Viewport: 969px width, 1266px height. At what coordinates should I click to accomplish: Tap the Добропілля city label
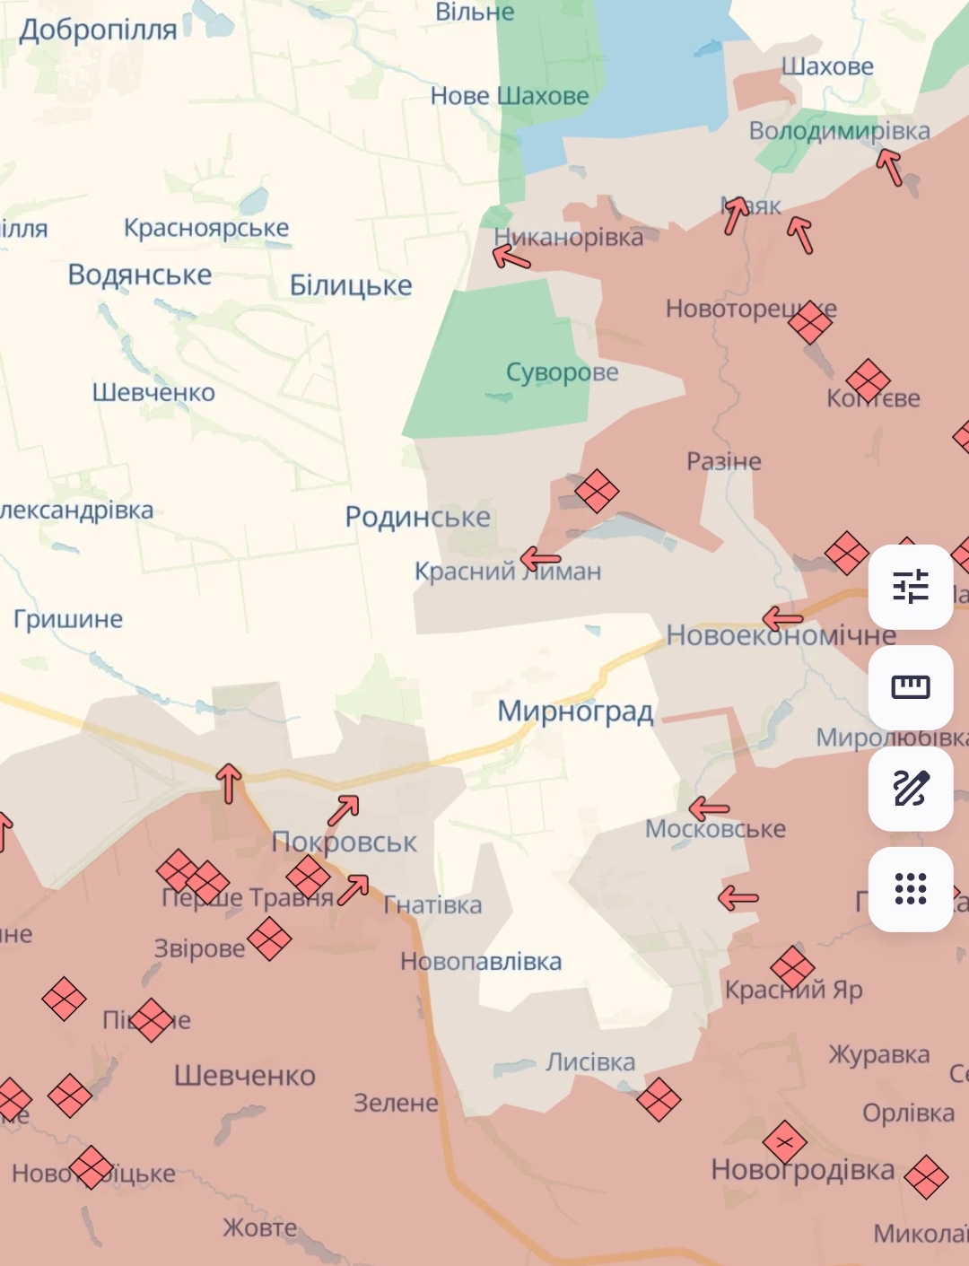tap(99, 30)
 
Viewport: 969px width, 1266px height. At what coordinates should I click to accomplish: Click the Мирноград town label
tap(575, 712)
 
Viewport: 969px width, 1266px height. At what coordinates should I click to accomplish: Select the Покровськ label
tap(345, 843)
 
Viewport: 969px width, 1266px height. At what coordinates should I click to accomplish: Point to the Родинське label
tap(418, 517)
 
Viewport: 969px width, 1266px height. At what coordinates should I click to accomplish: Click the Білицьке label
tap(351, 285)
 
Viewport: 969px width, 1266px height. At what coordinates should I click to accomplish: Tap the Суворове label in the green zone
tap(563, 371)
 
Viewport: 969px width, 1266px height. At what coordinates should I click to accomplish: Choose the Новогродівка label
tap(803, 1170)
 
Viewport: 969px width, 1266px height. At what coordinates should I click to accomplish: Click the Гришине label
tap(68, 619)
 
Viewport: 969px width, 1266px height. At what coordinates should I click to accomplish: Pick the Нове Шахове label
tap(510, 96)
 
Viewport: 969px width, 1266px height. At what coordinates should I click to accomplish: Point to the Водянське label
tap(140, 275)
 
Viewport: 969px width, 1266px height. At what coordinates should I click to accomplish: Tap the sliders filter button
tap(911, 587)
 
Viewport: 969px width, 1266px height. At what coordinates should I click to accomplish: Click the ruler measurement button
tap(911, 687)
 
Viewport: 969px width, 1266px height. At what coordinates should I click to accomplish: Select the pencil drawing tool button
tap(911, 789)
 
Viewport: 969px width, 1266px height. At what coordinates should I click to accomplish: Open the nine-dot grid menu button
tap(911, 889)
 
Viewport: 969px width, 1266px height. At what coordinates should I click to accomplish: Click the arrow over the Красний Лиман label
tap(540, 560)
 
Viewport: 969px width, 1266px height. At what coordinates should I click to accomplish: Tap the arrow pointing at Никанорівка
tap(511, 258)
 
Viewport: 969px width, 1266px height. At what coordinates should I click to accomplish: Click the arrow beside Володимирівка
tap(889, 166)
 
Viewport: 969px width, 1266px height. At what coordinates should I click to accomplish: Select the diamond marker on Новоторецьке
tap(810, 322)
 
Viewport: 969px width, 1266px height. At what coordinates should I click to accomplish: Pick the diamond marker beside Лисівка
tap(659, 1099)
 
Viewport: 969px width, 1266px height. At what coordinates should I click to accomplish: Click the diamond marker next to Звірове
tap(269, 939)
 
